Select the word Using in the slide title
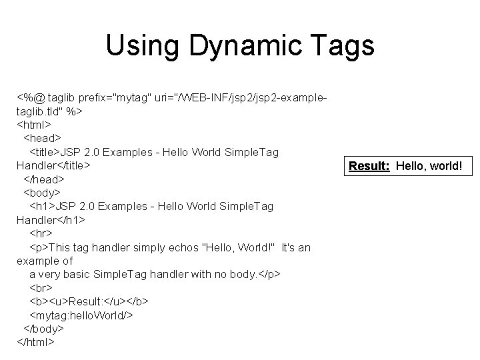click(x=142, y=46)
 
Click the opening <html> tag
click(x=35, y=125)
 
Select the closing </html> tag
click(x=36, y=342)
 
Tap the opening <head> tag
click(x=42, y=138)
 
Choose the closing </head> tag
click(x=43, y=179)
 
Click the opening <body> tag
click(x=43, y=193)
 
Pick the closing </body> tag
click(x=44, y=329)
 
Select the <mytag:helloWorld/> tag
click(x=81, y=315)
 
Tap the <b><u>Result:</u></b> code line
click(x=89, y=301)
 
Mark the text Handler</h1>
click(x=51, y=219)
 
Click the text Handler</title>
click(x=53, y=165)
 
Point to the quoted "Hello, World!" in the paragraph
click(x=237, y=247)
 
